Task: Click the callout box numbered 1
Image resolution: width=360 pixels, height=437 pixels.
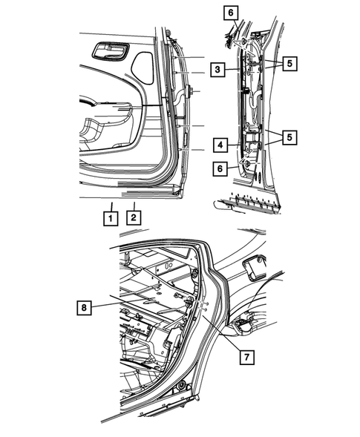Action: [110, 218]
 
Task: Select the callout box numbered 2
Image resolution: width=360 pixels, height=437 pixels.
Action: [134, 218]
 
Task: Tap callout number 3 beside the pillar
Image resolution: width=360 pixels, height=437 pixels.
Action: [217, 70]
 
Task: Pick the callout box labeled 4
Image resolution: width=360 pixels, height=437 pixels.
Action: [220, 144]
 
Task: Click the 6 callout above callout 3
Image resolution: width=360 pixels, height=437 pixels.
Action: [231, 13]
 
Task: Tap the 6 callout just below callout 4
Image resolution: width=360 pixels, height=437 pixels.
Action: [220, 170]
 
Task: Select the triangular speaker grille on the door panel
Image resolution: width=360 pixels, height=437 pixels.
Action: [143, 66]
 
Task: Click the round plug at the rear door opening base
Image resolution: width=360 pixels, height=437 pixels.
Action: [180, 387]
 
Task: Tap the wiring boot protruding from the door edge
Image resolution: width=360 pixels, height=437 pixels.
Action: [191, 91]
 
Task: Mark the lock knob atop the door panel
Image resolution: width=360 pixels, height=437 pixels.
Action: [168, 32]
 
